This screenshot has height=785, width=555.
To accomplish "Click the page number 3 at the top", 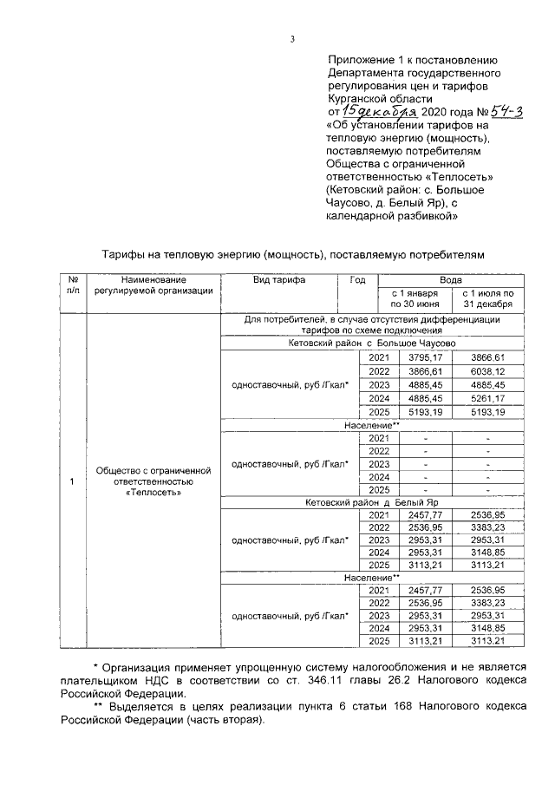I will click(x=292, y=39).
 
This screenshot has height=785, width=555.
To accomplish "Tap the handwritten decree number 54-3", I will click(x=478, y=111).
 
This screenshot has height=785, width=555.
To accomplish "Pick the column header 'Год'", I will click(x=357, y=281).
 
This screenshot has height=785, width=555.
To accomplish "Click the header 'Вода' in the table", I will click(x=450, y=281).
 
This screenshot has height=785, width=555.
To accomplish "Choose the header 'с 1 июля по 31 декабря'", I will click(x=488, y=300).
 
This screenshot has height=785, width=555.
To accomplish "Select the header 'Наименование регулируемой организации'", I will click(x=154, y=285).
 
